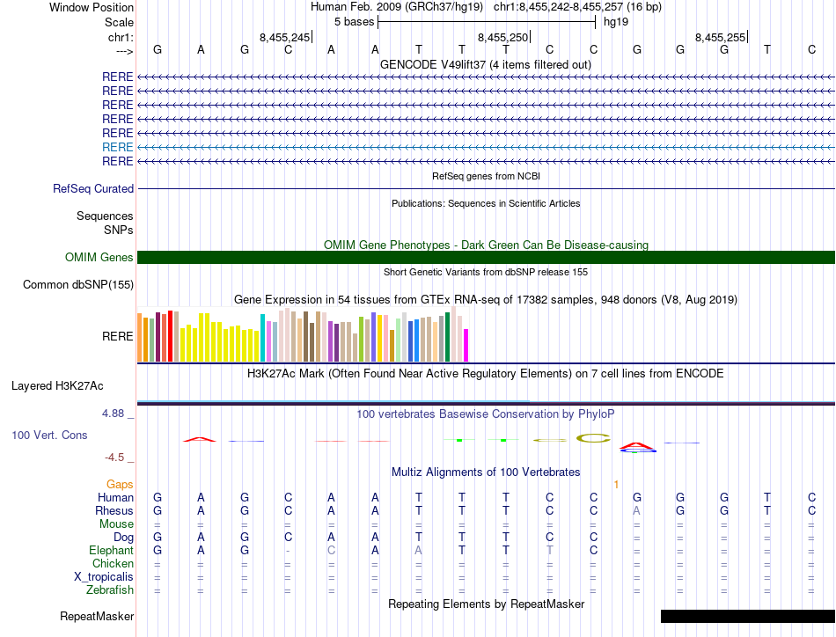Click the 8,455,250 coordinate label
(x=503, y=37)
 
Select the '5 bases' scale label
(x=354, y=21)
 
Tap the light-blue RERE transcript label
(x=118, y=147)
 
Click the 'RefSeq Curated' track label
(x=93, y=188)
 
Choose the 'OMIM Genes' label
(x=99, y=257)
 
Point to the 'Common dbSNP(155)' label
(x=78, y=284)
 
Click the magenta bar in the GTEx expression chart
(x=466, y=345)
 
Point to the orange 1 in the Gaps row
(x=617, y=484)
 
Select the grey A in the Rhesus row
(x=637, y=510)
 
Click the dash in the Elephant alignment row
(x=288, y=550)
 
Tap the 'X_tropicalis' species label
(x=104, y=576)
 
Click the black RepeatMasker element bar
(x=747, y=616)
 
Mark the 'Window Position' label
(x=92, y=7)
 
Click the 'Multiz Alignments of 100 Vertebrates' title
(x=486, y=472)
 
